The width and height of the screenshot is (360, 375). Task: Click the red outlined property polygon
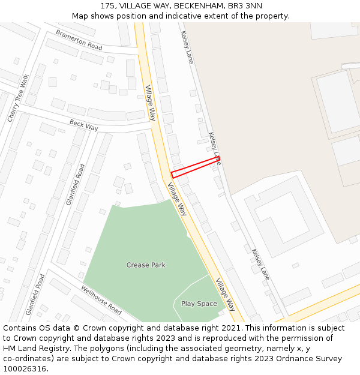click(x=196, y=166)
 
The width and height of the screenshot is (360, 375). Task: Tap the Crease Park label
click(x=146, y=265)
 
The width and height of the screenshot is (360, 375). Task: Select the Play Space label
click(x=199, y=304)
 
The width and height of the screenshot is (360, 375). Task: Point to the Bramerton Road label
click(x=79, y=40)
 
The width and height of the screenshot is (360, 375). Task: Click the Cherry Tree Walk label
click(x=18, y=99)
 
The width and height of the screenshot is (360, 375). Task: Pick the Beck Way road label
click(x=83, y=125)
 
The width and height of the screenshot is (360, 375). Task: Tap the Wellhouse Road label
click(x=101, y=300)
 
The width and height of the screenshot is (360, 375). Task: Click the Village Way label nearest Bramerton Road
click(x=150, y=103)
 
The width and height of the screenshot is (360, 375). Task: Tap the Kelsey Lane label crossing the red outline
click(x=214, y=148)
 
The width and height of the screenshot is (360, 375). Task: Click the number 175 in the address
click(x=108, y=6)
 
